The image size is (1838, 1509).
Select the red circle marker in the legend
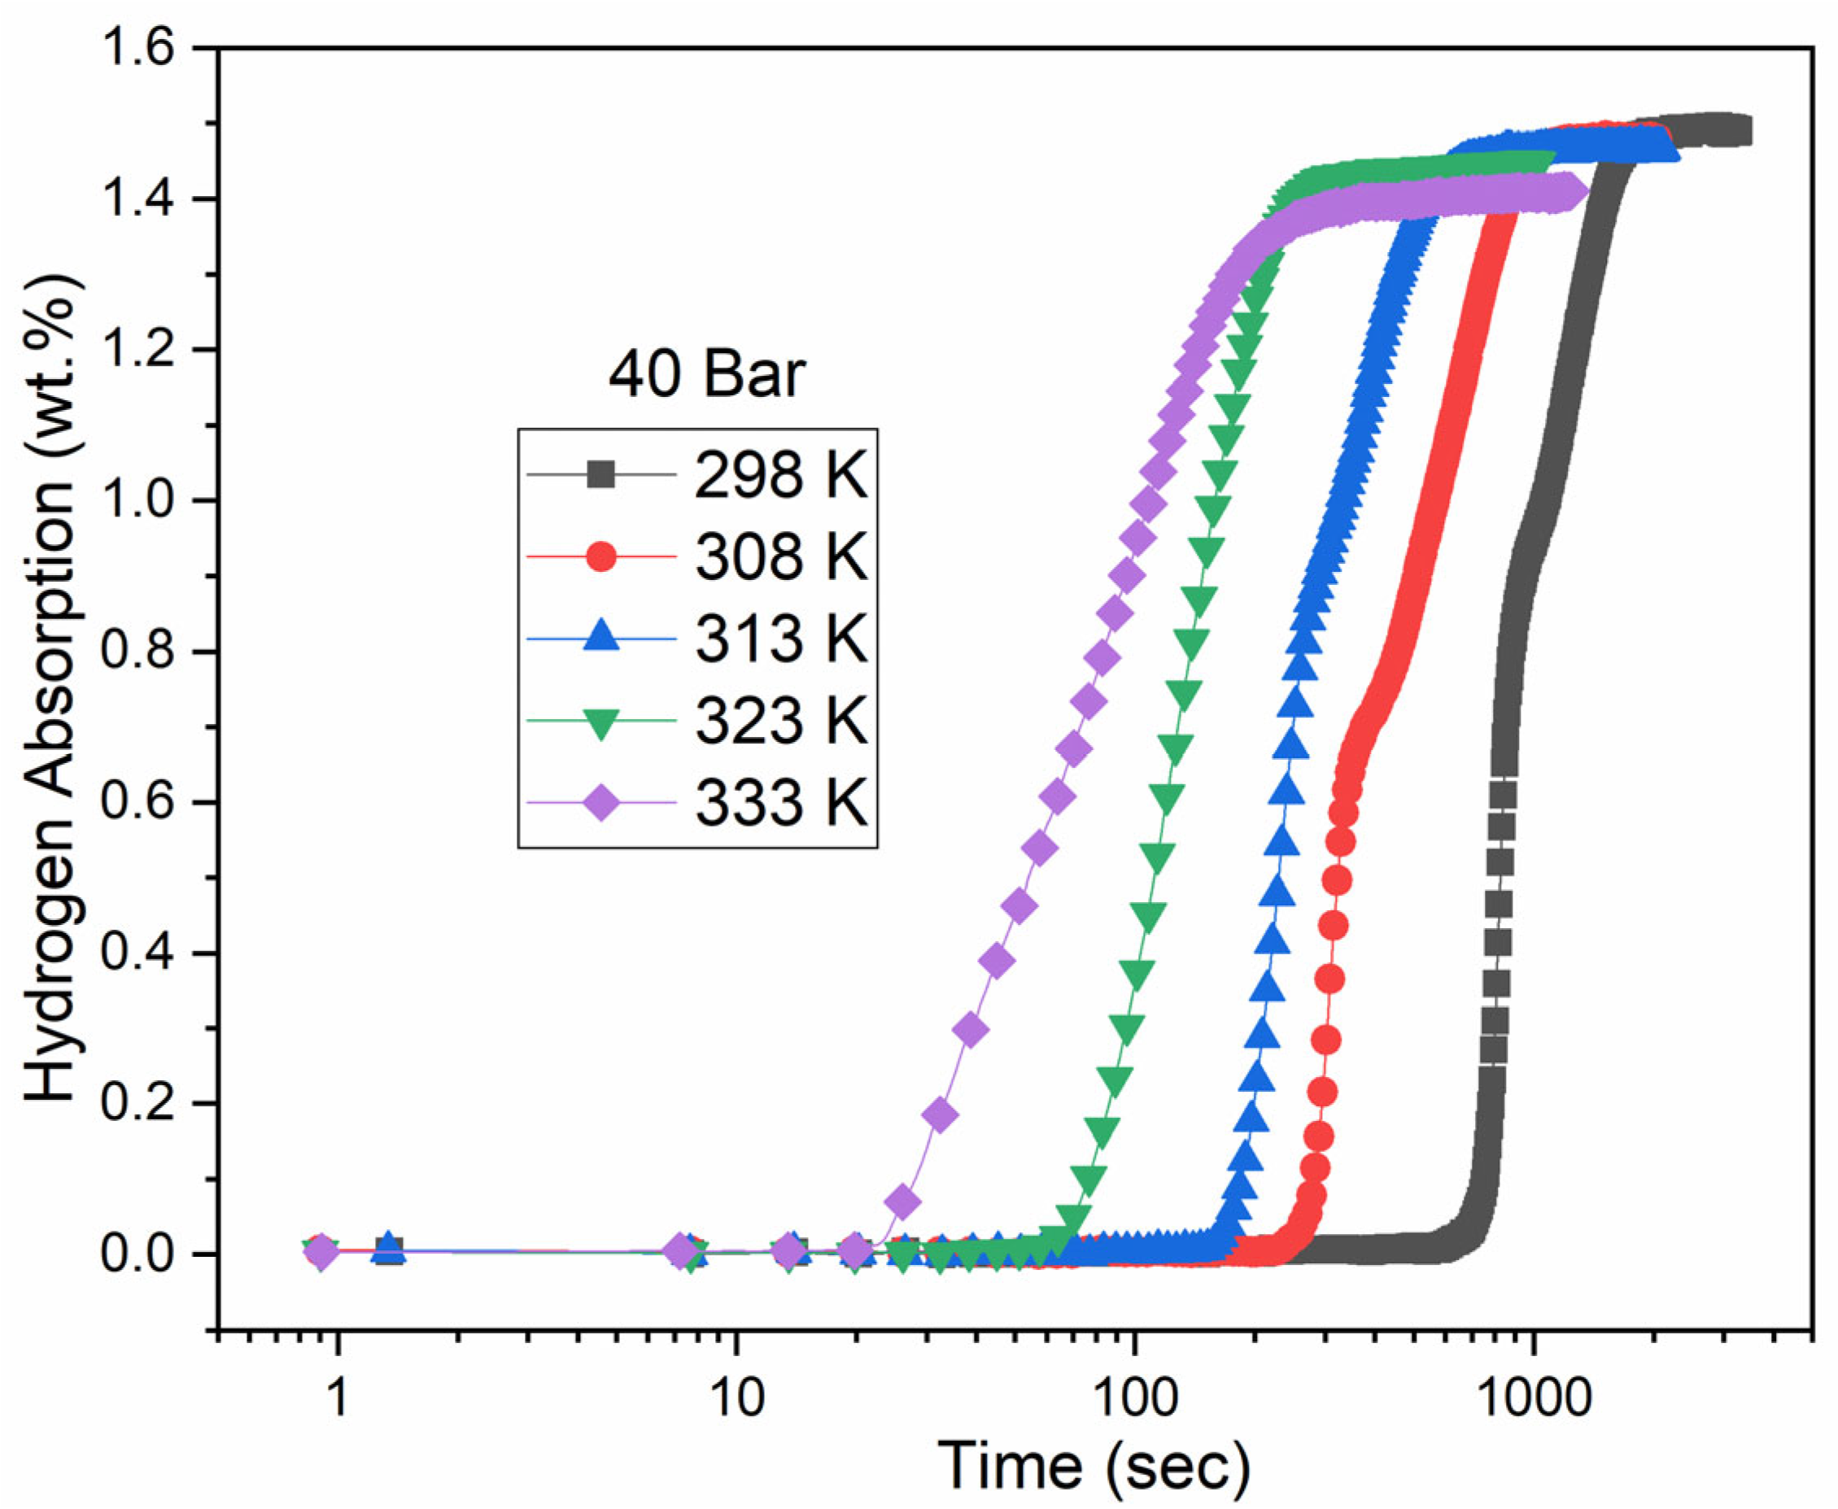click(x=600, y=556)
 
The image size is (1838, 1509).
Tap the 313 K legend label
click(x=780, y=639)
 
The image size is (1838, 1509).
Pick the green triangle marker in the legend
click(x=600, y=722)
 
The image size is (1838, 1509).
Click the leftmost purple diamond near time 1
click(x=321, y=1252)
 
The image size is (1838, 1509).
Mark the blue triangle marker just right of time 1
click(x=390, y=1248)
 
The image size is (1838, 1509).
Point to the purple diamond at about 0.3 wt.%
click(x=971, y=1031)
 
